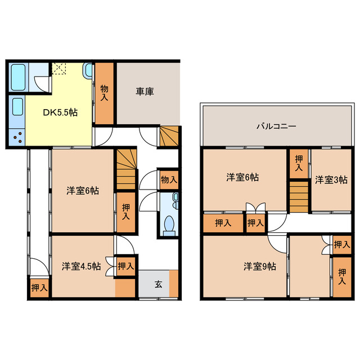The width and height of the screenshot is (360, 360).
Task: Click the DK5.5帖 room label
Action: (x=61, y=112)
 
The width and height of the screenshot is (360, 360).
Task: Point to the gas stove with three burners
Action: (x=17, y=137)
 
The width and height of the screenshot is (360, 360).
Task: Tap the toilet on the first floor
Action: (x=168, y=224)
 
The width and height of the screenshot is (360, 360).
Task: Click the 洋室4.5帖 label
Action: (x=81, y=266)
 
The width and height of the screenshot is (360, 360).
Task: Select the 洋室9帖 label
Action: (x=259, y=266)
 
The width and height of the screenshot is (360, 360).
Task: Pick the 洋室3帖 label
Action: (x=331, y=180)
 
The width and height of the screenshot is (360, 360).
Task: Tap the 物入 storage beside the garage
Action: (x=104, y=93)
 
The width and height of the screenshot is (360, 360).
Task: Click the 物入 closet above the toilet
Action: (x=168, y=180)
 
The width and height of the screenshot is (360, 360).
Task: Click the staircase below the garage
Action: (x=169, y=137)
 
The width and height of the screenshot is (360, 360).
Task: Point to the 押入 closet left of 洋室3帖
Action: (x=299, y=161)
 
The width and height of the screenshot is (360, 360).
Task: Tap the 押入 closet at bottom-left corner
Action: (x=39, y=287)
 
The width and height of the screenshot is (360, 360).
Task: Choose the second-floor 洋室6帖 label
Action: (x=243, y=177)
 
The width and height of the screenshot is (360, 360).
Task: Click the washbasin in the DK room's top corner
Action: (x=89, y=71)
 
